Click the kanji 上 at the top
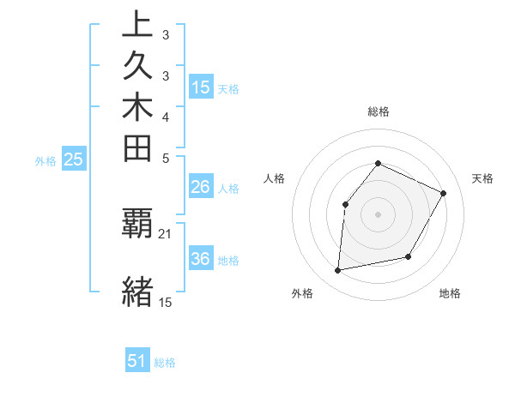tap(137, 26)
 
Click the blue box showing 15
tap(201, 87)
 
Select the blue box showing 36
tap(201, 259)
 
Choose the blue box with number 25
tap(74, 159)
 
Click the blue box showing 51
tap(137, 361)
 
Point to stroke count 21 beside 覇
tap(166, 233)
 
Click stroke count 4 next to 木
tap(166, 117)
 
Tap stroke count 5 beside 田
tap(166, 158)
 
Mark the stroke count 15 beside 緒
tap(166, 302)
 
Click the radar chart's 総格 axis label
tap(378, 111)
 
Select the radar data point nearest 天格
tap(444, 193)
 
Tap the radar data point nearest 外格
tap(338, 271)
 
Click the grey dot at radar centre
tap(378, 214)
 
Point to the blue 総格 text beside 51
tap(165, 363)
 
